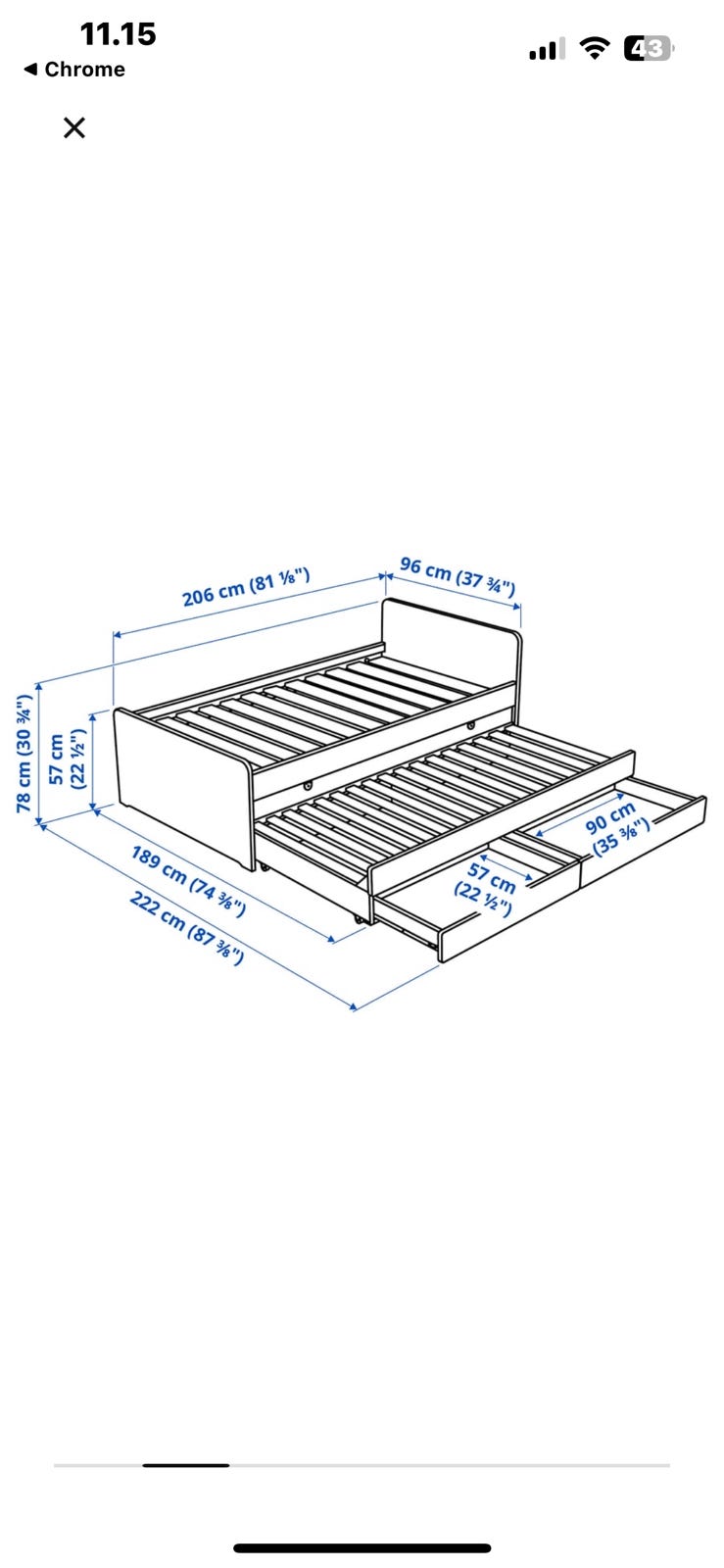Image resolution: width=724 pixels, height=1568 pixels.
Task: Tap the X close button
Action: [x=74, y=127]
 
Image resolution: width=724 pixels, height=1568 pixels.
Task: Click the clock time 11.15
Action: [x=118, y=34]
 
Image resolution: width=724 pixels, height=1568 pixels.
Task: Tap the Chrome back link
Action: [x=74, y=70]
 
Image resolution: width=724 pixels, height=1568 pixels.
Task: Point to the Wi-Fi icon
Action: [x=595, y=48]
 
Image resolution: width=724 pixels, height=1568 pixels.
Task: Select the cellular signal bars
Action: [x=547, y=50]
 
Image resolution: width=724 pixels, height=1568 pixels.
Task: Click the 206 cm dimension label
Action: [x=246, y=587]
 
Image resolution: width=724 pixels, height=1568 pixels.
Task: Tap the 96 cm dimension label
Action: [x=458, y=575]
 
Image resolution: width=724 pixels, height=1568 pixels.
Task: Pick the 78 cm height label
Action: [x=24, y=754]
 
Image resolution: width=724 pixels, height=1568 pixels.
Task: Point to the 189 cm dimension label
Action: [x=188, y=881]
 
